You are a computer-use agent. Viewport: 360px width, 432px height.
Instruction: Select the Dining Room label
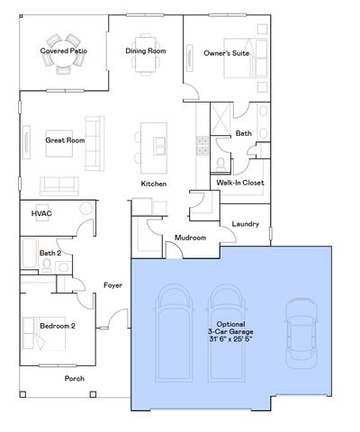[145, 51]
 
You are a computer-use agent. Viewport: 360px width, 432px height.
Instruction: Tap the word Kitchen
[154, 184]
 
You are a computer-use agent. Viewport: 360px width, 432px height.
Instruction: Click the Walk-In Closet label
[238, 182]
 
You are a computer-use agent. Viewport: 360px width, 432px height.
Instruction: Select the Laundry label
[246, 223]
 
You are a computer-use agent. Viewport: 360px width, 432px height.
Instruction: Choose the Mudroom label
[190, 238]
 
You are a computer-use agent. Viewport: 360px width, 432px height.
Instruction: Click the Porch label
[74, 378]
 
